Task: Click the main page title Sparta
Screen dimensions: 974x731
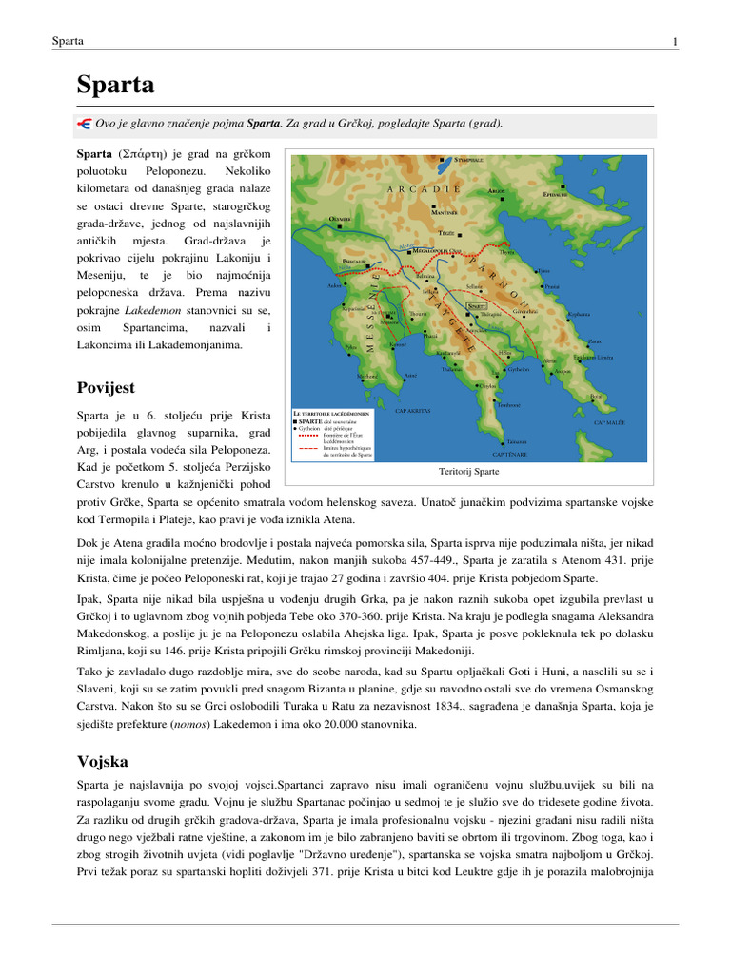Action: (x=115, y=85)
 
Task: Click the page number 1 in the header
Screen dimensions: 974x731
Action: (x=674, y=42)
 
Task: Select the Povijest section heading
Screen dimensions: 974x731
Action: (x=106, y=388)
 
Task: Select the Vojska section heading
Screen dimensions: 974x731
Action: (x=102, y=762)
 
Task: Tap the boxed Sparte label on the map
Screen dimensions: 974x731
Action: (x=478, y=307)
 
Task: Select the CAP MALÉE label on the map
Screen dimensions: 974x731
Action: (x=609, y=421)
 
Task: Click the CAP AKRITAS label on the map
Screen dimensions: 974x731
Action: (x=412, y=411)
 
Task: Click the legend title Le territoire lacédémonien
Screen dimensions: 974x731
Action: (x=331, y=414)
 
